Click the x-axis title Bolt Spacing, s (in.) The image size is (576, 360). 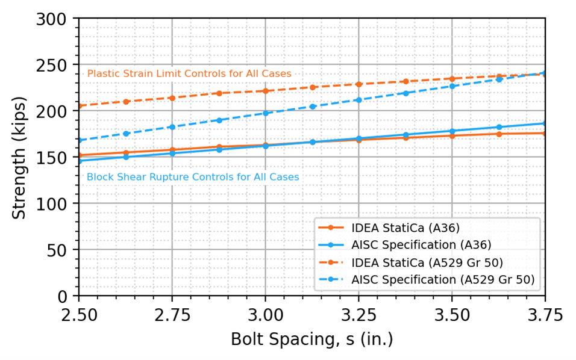pyautogui.click(x=311, y=339)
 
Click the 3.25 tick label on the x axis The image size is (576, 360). pyautogui.click(x=358, y=315)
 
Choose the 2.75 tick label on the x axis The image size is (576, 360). pyautogui.click(x=172, y=315)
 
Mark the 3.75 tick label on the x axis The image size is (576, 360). pyautogui.click(x=545, y=315)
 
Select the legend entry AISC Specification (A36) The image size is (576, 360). pyautogui.click(x=421, y=245)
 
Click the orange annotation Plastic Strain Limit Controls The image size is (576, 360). pyautogui.click(x=189, y=73)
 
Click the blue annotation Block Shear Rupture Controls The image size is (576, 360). pyautogui.click(x=193, y=177)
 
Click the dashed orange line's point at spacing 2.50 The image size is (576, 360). pyautogui.click(x=79, y=106)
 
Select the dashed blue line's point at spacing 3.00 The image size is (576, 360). pyautogui.click(x=265, y=113)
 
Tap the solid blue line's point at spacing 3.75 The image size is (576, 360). pyautogui.click(x=545, y=123)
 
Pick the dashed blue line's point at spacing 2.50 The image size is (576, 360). pyautogui.click(x=79, y=140)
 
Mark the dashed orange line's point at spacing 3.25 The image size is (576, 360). pyautogui.click(x=358, y=84)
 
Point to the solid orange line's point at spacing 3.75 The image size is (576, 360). pyautogui.click(x=545, y=133)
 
